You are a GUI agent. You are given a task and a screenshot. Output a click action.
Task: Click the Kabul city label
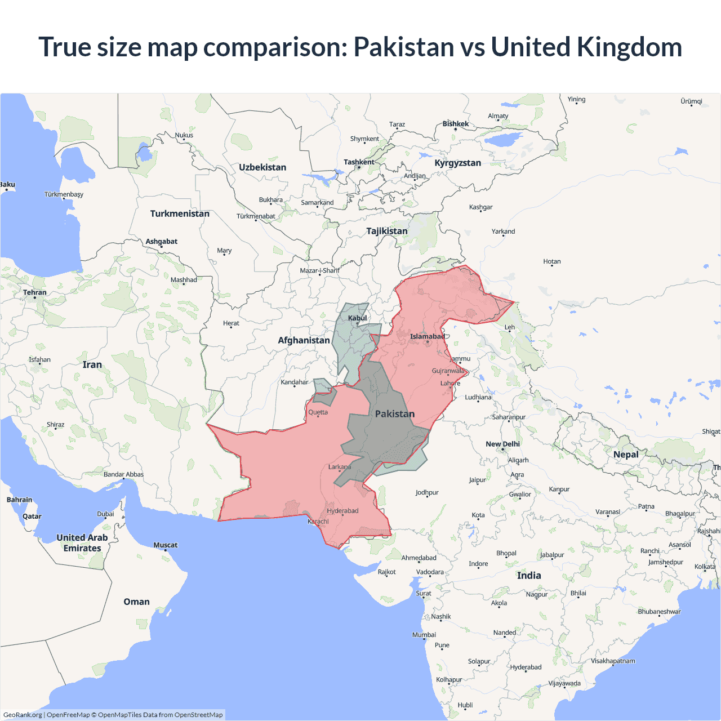(x=357, y=318)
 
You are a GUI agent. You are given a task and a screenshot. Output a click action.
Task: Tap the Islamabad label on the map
(x=427, y=337)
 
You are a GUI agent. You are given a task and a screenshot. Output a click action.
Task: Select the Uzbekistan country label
(x=262, y=167)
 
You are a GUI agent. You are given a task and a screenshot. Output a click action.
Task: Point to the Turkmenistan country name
(x=180, y=213)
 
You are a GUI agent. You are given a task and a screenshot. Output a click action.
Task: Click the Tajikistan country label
(x=386, y=231)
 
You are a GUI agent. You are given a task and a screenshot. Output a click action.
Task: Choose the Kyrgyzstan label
(x=457, y=163)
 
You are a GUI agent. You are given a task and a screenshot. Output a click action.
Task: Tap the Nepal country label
(x=626, y=455)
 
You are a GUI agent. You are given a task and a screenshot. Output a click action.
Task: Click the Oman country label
(x=136, y=602)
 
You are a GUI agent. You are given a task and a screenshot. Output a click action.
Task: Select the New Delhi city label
(x=502, y=444)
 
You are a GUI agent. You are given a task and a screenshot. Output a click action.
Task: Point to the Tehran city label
(x=35, y=292)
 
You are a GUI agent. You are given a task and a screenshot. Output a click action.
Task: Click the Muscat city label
(x=166, y=545)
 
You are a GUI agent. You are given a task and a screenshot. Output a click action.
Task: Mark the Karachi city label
(x=318, y=521)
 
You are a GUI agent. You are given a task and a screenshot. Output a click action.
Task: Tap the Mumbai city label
(x=424, y=635)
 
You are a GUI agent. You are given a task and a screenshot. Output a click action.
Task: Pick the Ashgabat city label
(x=162, y=242)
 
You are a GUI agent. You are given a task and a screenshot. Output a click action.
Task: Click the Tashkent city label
(x=359, y=162)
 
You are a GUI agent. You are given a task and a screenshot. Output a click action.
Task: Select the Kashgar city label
(x=480, y=207)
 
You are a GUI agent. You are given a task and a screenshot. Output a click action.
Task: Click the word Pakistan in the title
(x=403, y=47)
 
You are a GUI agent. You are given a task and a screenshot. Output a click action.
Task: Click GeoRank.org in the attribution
(x=23, y=715)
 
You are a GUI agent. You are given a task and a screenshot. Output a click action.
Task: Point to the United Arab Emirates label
(x=82, y=543)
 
